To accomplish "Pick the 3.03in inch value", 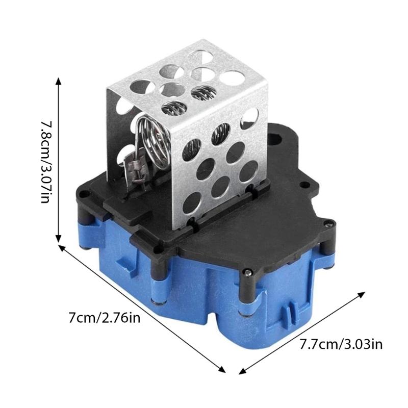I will tap(362, 344).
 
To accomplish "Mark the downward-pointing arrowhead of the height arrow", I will tap(59, 238).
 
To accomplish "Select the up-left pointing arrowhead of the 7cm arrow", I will tap(63, 248).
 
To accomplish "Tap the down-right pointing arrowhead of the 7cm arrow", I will tap(223, 370).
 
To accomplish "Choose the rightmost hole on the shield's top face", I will tap(232, 78).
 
